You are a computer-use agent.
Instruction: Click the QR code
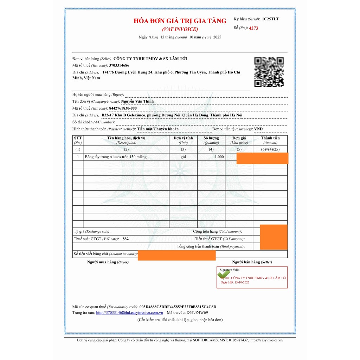(x=269, y=72)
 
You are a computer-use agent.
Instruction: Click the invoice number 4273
(x=253, y=28)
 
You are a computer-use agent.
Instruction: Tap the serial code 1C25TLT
(x=270, y=19)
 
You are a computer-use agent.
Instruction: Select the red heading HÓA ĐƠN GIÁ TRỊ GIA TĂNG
(x=180, y=21)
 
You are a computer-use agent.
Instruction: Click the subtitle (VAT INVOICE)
(x=180, y=29)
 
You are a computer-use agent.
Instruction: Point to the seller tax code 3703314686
(x=119, y=65)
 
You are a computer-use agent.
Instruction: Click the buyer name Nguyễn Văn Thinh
(x=137, y=101)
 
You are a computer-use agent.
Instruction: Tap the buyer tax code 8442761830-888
(x=123, y=108)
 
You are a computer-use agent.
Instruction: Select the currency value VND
(x=258, y=129)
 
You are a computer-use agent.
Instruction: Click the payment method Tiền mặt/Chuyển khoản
(x=158, y=129)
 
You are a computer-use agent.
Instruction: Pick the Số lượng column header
(x=211, y=138)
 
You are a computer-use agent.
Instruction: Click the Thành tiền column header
(x=270, y=138)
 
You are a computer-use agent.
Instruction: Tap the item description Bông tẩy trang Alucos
(x=116, y=157)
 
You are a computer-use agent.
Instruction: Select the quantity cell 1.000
(x=219, y=157)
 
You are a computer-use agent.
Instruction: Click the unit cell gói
(x=183, y=157)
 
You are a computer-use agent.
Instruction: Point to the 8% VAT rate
(x=126, y=239)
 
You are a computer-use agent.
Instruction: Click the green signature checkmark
(x=224, y=274)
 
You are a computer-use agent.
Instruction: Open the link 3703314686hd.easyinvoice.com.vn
(x=129, y=313)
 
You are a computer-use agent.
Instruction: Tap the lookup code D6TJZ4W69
(x=197, y=313)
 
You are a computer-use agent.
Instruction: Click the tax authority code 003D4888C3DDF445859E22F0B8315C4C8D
(x=178, y=307)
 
